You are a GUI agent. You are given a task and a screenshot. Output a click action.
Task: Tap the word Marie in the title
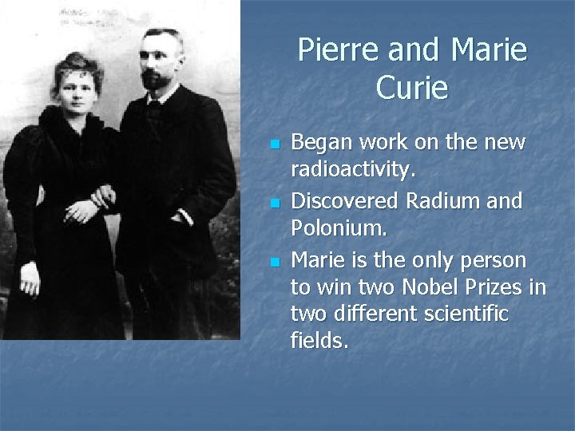489,50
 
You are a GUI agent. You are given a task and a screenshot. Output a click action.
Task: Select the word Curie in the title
412,87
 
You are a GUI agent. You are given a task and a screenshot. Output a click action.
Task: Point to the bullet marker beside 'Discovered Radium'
274,204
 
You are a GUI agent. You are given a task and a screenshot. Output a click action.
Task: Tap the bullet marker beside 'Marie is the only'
274,262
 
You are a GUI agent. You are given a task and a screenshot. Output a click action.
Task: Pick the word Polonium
338,229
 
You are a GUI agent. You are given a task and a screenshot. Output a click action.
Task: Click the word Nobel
432,287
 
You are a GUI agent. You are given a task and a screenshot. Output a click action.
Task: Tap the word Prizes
502,287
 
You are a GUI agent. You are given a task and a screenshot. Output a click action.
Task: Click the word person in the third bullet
495,259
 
